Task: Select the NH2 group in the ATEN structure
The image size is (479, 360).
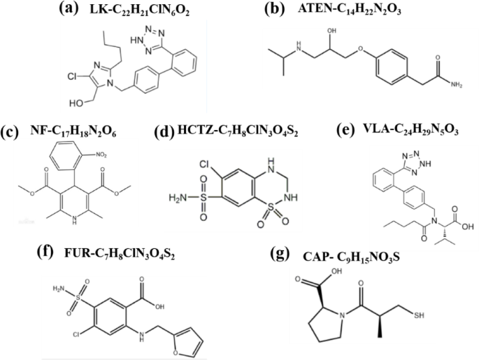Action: click(x=459, y=85)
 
